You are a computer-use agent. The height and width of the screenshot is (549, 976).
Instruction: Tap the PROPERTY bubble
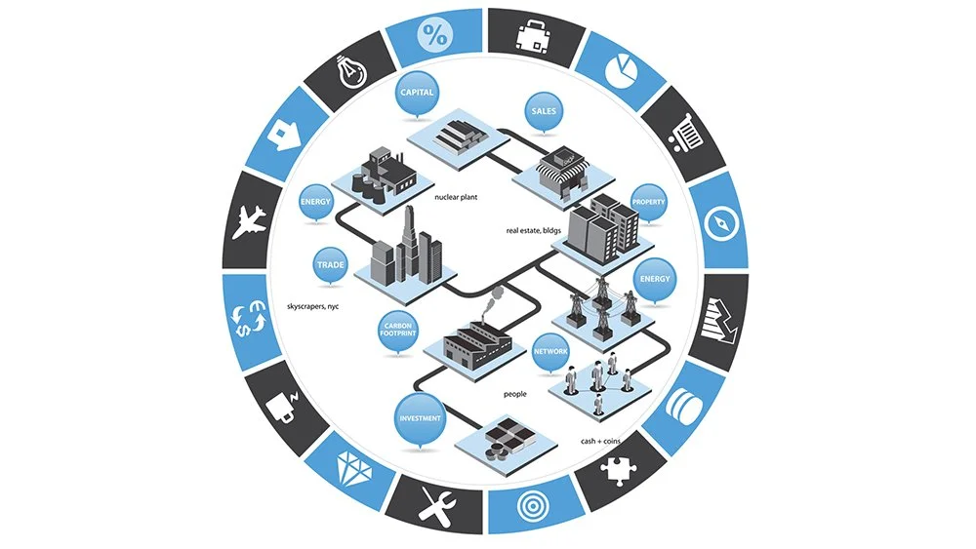click(x=649, y=203)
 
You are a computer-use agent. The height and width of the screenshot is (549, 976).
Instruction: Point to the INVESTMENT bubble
click(x=420, y=418)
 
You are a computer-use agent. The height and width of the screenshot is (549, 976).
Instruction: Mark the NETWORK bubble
click(x=551, y=350)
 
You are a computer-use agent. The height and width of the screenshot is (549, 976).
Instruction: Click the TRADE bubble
click(x=330, y=263)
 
